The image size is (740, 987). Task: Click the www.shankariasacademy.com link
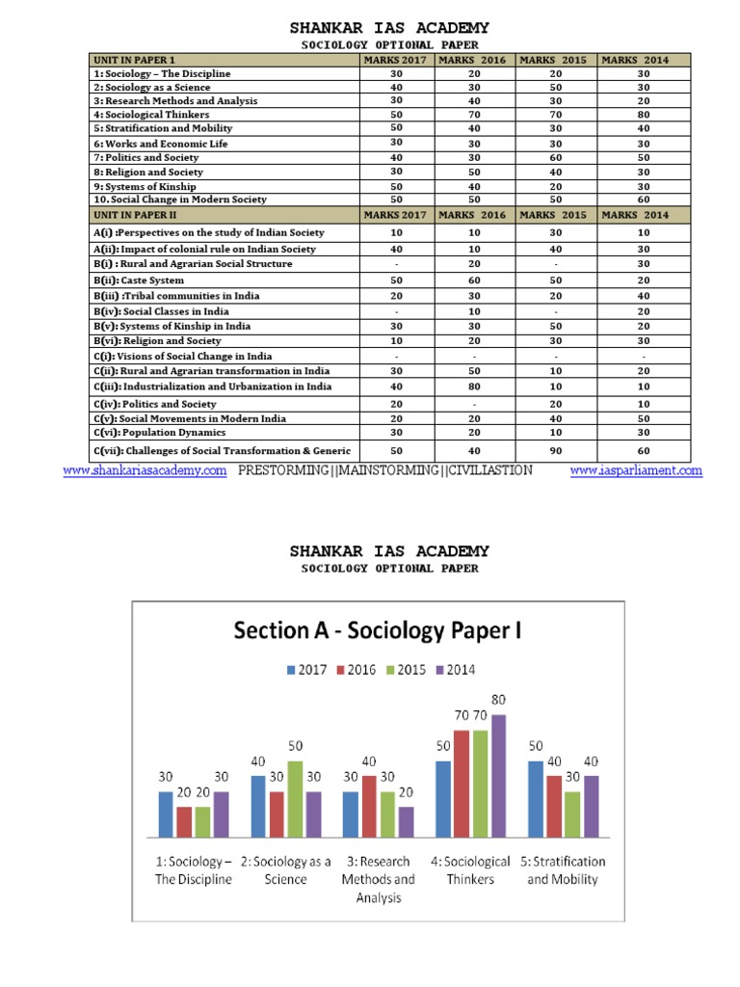[145, 470]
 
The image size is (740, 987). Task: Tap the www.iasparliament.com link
[636, 470]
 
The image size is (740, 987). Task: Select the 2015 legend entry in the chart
[406, 670]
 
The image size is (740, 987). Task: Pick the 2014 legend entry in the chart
[456, 670]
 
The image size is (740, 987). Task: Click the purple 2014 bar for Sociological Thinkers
[498, 776]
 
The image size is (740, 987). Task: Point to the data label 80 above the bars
[498, 700]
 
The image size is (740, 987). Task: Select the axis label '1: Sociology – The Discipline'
[194, 869]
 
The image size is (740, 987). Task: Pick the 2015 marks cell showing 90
[556, 450]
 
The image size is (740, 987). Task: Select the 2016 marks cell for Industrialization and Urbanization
[475, 387]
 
